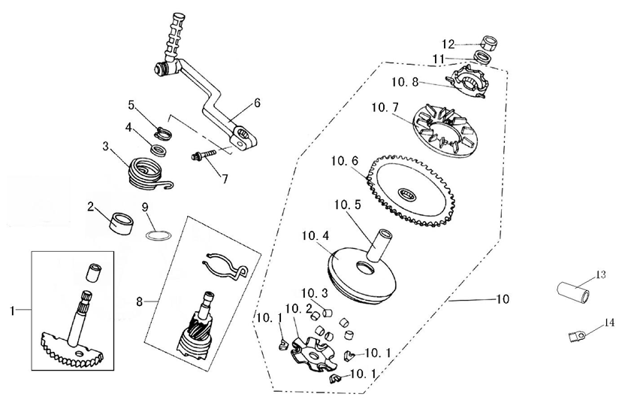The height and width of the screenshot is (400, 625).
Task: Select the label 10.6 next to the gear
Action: coord(343,162)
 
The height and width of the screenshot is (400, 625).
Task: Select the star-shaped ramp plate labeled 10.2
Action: coord(309,354)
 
